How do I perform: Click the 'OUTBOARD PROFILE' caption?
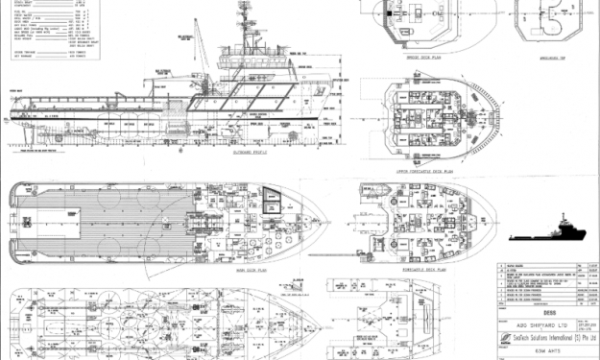pos(252,152)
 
